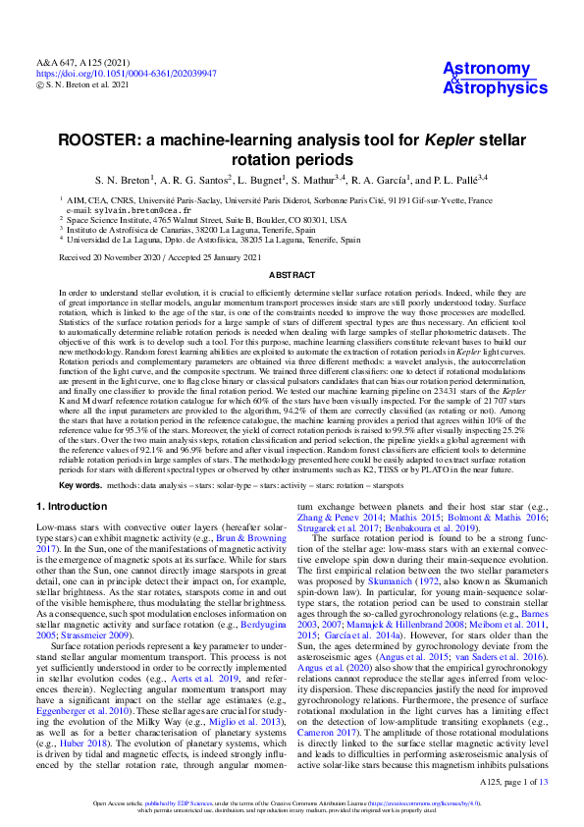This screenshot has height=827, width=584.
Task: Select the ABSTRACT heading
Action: click(x=292, y=276)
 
